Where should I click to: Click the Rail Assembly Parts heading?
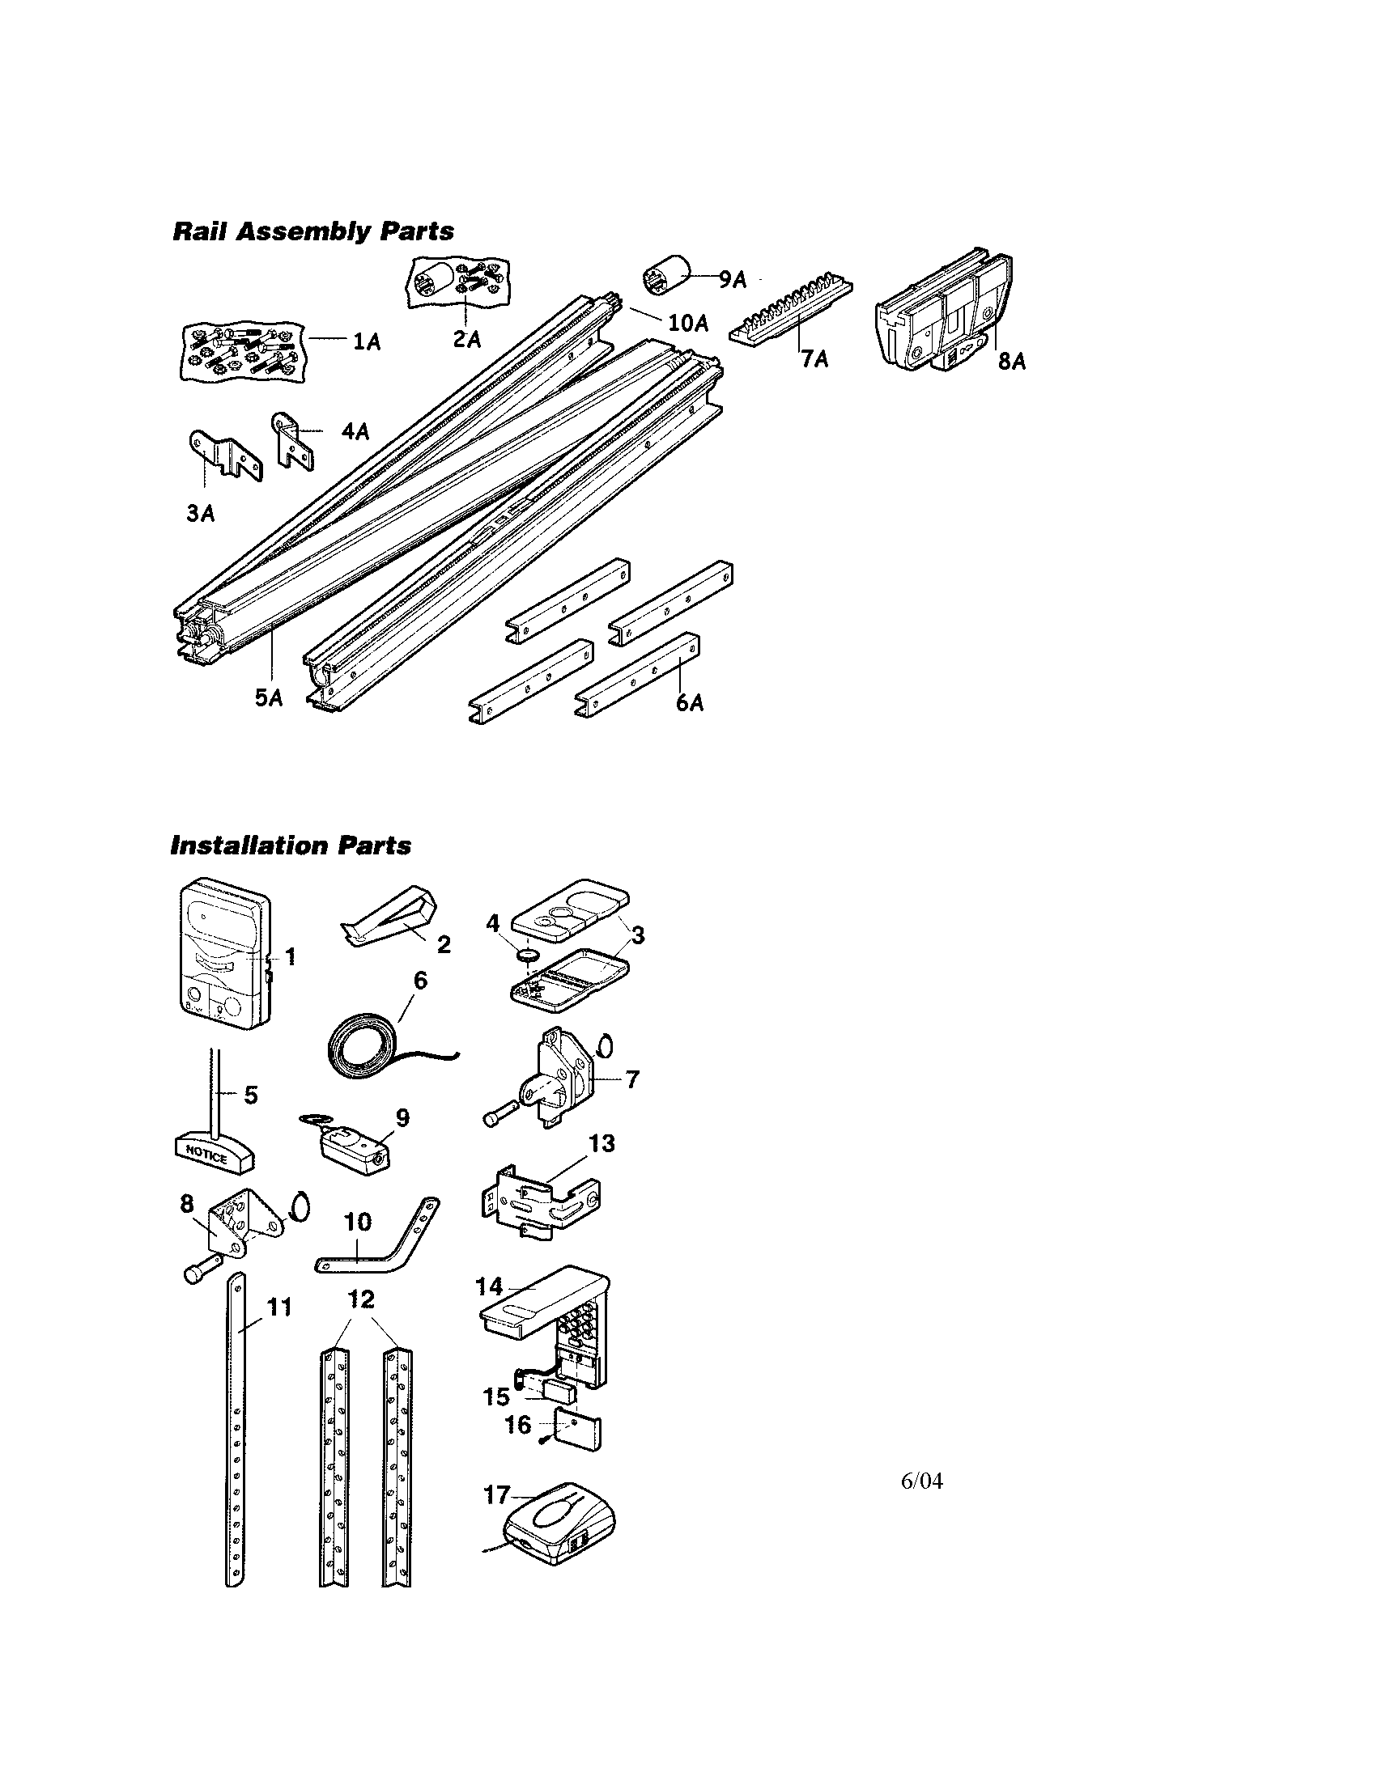pyautogui.click(x=313, y=231)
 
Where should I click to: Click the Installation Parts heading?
pyautogui.click(x=291, y=846)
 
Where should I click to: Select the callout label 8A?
pyautogui.click(x=1012, y=361)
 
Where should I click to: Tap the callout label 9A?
pyautogui.click(x=732, y=280)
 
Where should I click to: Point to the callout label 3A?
pyautogui.click(x=201, y=513)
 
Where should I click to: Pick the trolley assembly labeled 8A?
pyautogui.click(x=946, y=314)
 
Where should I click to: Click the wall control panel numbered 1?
pyautogui.click(x=223, y=956)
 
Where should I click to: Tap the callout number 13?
pyautogui.click(x=601, y=1143)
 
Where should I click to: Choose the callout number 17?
pyautogui.click(x=496, y=1495)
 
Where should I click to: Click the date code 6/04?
pyautogui.click(x=921, y=1481)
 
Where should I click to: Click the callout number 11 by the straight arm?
pyautogui.click(x=278, y=1307)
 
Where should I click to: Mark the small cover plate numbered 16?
pyautogui.click(x=578, y=1434)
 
